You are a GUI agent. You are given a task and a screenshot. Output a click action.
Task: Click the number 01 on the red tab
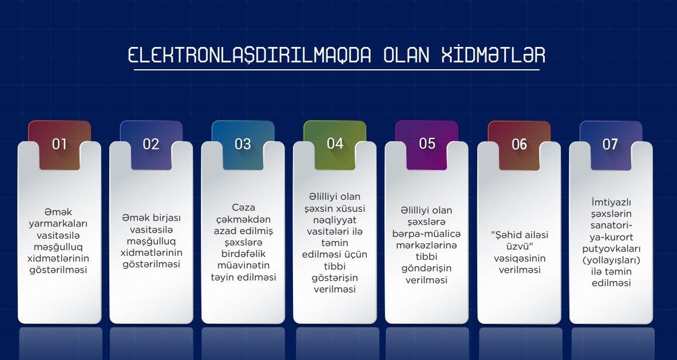coord(60,144)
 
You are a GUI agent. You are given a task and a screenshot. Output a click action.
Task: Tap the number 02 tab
coord(151,144)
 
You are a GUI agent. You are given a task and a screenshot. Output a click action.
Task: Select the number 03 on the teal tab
coord(243,144)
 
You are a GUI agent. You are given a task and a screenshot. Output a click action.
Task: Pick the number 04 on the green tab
coord(335,143)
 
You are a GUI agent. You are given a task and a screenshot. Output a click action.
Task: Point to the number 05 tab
coord(427,143)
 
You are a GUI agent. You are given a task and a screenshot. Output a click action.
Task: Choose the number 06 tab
coord(520,144)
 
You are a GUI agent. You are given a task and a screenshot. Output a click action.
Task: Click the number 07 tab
coord(611,144)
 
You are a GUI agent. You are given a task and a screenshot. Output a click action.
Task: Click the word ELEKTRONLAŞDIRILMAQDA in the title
coord(250,56)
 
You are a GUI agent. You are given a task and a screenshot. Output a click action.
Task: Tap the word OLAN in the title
coord(406,56)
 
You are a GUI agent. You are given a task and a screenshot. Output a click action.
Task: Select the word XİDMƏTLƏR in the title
coord(493,55)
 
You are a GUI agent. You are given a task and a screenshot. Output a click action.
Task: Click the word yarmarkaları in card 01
coord(58,224)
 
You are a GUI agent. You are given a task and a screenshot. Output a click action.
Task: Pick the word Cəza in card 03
coord(243,208)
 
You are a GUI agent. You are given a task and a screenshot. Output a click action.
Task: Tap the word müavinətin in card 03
coord(243,266)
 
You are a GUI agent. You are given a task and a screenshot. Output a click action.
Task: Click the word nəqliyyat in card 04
coord(335,220)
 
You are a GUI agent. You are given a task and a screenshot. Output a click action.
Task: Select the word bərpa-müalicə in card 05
coord(426,234)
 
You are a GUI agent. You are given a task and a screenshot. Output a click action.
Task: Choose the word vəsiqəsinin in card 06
coord(520,259)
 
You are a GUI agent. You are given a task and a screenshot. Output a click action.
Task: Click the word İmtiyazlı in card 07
coord(611,203)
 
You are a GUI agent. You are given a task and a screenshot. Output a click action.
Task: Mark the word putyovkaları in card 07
coord(611,249)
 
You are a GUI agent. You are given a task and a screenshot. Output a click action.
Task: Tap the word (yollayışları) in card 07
coord(611,261)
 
